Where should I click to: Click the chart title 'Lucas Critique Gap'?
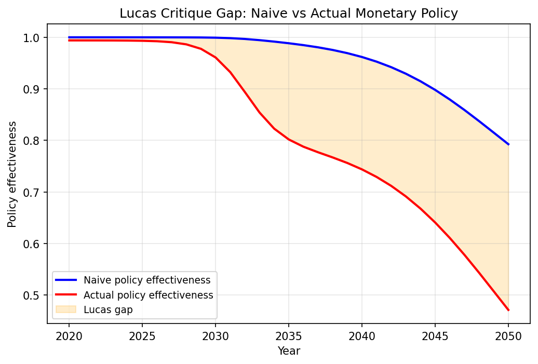[288, 14]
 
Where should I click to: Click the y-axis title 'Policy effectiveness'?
[12, 174]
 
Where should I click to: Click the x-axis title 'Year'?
[289, 351]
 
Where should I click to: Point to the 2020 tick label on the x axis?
[69, 336]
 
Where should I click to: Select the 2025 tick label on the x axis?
[142, 336]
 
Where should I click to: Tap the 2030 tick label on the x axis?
[216, 336]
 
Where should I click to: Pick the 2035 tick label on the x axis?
[289, 336]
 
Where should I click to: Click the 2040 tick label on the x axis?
[362, 336]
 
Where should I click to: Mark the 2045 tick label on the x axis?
[435, 336]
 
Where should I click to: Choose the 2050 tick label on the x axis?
[508, 336]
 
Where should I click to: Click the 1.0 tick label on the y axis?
[33, 38]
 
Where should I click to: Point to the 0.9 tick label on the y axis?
[33, 89]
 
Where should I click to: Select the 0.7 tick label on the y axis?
[33, 193]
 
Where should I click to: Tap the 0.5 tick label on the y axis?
[33, 295]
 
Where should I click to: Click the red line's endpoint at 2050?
[508, 310]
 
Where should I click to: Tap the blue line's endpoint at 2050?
[508, 144]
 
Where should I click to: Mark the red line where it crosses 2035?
[289, 139]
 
